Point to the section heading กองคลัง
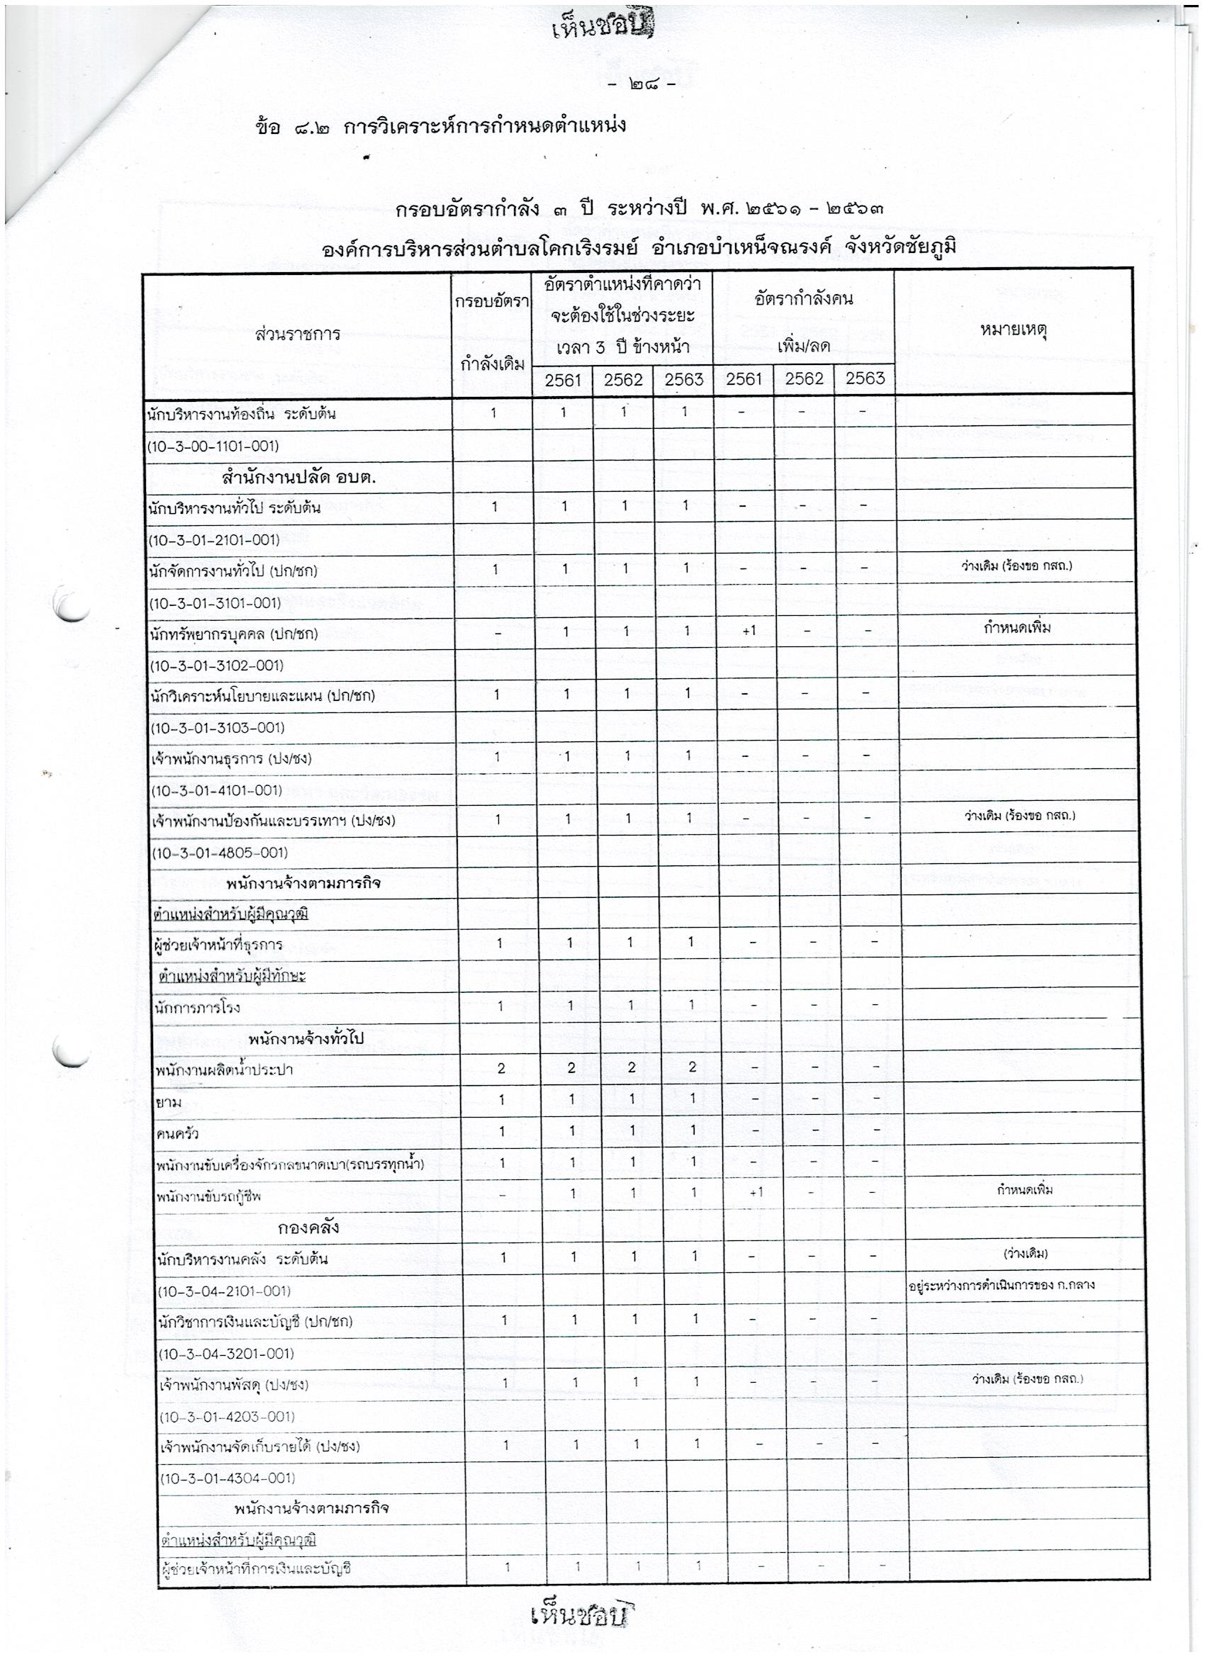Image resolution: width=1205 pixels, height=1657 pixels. [308, 1228]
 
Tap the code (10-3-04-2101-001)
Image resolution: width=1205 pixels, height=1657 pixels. [225, 1291]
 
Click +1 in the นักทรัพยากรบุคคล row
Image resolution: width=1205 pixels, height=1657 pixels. [748, 631]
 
